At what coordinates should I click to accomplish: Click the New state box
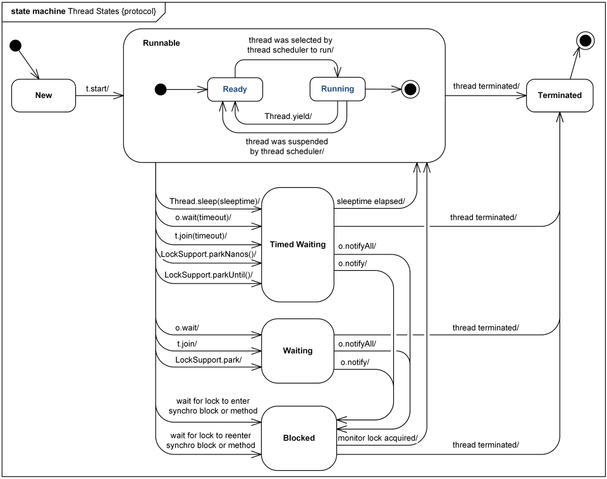[x=44, y=95]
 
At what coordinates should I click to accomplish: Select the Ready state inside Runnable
[x=235, y=89]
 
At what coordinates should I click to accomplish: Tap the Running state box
[x=338, y=89]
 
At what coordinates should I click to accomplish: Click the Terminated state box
[x=560, y=95]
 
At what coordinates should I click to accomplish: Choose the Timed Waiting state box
[x=298, y=244]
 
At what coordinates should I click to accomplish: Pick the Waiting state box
[x=298, y=351]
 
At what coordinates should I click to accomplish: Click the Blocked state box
[x=298, y=437]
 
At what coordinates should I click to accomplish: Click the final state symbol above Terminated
[x=585, y=41]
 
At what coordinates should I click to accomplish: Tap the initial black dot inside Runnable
[x=161, y=89]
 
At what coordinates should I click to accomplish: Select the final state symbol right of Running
[x=411, y=89]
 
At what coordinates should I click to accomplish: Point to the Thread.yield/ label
[x=288, y=116]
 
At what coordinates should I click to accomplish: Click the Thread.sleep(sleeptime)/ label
[x=214, y=201]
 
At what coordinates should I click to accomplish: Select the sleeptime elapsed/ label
[x=371, y=201]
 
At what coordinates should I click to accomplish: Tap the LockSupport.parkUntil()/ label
[x=209, y=275]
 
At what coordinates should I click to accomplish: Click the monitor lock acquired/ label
[x=377, y=437]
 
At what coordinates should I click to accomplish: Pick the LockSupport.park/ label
[x=209, y=359]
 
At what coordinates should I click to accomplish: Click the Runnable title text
[x=161, y=43]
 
